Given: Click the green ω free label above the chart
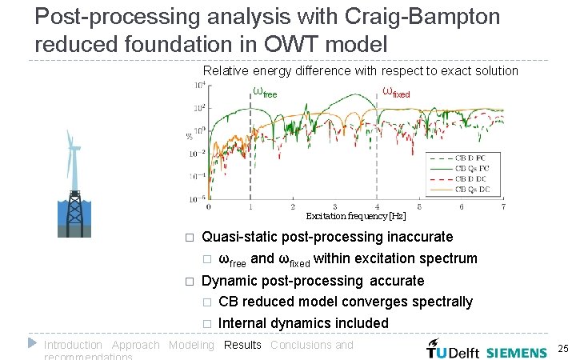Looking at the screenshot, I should [x=264, y=92].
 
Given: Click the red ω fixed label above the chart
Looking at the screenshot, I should [x=396, y=92].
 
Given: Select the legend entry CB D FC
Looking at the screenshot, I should [x=471, y=158].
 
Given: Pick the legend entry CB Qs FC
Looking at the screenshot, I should [x=471, y=169].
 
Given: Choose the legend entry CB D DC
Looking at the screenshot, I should [x=471, y=179].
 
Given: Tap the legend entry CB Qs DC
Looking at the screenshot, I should [x=471, y=190].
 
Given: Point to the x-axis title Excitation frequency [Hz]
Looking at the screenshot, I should [x=356, y=216].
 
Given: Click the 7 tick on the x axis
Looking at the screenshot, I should [x=503, y=206].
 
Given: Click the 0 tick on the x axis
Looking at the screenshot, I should [x=209, y=206].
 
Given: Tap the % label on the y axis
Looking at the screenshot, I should [x=190, y=136].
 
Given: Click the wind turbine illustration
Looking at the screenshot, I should [x=74, y=184].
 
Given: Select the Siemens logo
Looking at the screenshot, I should [x=517, y=352].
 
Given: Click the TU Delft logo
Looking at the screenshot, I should [x=454, y=350].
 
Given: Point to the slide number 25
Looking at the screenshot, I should [x=562, y=349].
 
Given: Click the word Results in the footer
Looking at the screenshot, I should [x=242, y=345].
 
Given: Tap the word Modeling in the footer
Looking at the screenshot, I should [x=191, y=345].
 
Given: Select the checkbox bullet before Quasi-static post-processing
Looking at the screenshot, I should [x=190, y=238].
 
